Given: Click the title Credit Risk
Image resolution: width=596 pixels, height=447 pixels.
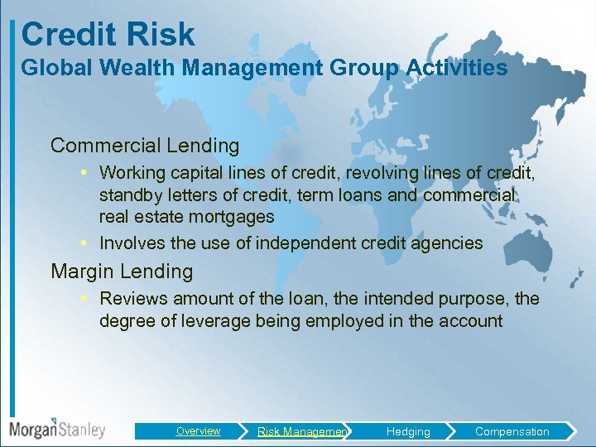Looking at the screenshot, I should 108,34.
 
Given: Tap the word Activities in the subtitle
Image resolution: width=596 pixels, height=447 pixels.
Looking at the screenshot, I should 459,68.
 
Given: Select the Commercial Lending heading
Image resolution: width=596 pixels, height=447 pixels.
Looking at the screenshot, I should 145,146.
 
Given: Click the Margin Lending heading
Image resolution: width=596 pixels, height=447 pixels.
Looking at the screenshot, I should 122,272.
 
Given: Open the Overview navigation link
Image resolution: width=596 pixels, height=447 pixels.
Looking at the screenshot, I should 198,431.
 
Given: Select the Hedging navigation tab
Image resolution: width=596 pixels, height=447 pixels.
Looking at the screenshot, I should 408,431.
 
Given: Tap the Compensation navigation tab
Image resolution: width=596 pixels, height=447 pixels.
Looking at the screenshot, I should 512,431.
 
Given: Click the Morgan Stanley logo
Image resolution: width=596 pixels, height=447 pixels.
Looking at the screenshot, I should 57,430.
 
